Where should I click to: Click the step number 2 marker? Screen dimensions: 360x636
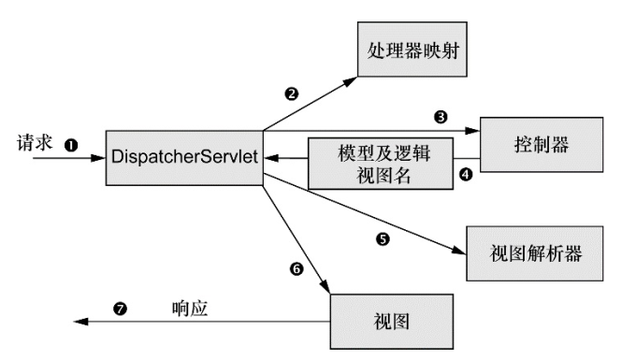tap(292, 94)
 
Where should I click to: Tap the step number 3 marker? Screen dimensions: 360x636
tap(440, 118)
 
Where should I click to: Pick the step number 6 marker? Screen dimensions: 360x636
tap(296, 268)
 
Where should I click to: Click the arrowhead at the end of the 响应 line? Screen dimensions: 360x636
tap(80, 322)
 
